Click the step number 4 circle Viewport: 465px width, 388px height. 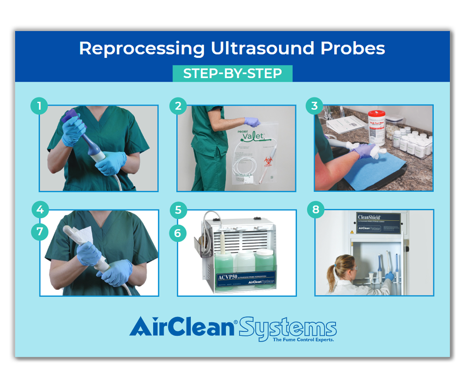(x=40, y=210)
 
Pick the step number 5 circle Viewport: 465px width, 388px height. (x=178, y=210)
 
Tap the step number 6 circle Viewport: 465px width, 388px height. (x=178, y=233)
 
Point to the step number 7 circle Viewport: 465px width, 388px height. (x=40, y=232)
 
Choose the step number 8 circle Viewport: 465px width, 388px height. (x=316, y=210)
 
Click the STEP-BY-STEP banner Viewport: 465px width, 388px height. (x=232, y=74)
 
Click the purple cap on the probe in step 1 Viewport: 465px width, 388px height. (x=71, y=115)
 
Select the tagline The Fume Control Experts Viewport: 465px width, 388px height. (x=303, y=339)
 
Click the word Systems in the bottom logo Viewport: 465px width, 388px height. (x=288, y=328)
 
